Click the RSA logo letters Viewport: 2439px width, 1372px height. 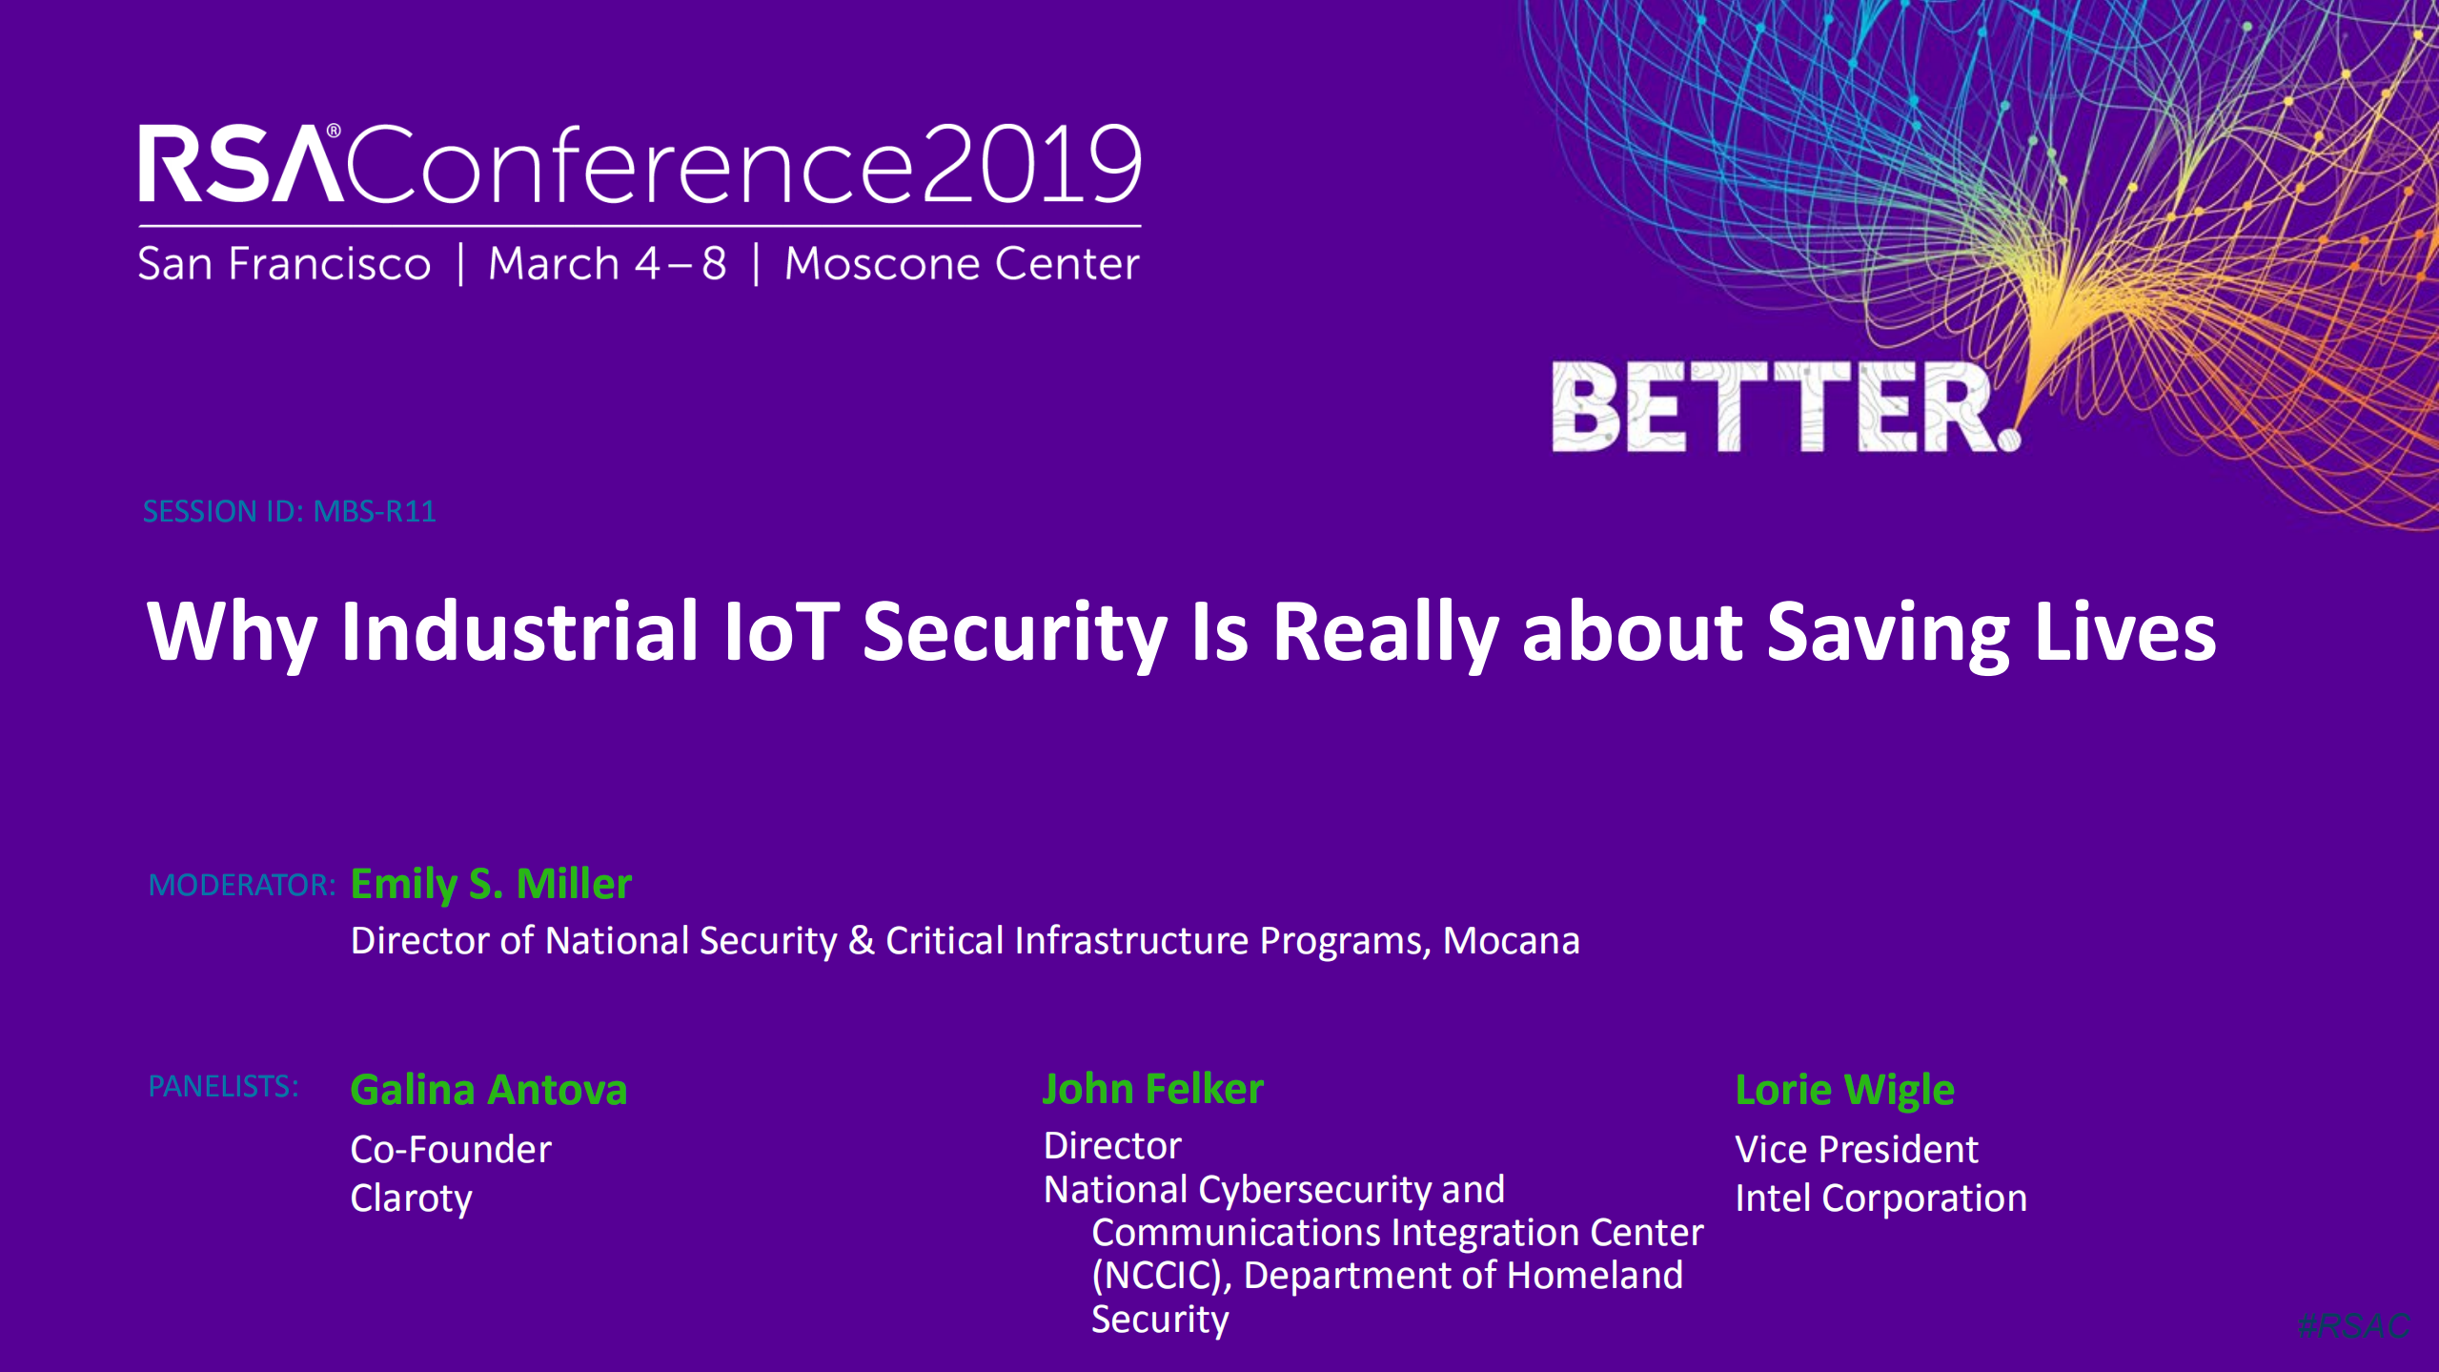[x=240, y=164]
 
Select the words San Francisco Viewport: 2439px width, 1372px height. [x=284, y=264]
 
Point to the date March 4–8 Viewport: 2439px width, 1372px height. [x=607, y=264]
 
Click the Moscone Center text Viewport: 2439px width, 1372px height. [x=961, y=264]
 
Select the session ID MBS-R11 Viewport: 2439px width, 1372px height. [x=375, y=512]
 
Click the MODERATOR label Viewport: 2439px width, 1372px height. [x=241, y=886]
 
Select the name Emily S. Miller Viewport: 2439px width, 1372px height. [x=491, y=885]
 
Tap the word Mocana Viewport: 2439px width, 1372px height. [x=1511, y=941]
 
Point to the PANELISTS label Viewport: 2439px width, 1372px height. [x=223, y=1086]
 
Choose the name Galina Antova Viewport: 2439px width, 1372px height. [x=488, y=1090]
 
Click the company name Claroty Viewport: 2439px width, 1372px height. [x=411, y=1198]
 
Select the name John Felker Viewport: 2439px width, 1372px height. [x=1152, y=1089]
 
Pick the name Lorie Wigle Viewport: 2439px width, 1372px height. [x=1844, y=1090]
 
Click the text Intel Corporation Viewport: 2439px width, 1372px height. [x=1880, y=1198]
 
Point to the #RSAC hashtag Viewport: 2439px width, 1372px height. [x=2353, y=1325]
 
